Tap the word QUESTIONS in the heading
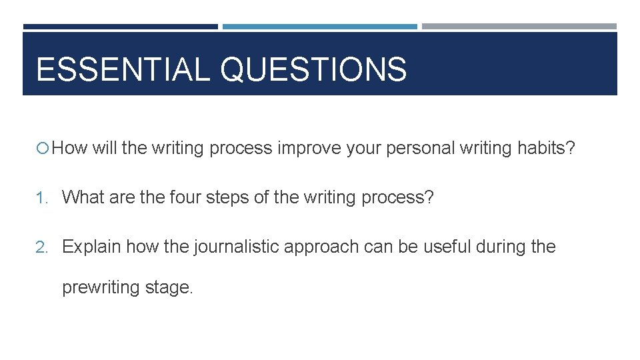313,69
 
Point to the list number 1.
41,198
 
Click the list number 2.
41,247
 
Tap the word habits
541,148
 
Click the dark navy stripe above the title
120,27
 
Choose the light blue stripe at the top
319,27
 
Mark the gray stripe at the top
519,27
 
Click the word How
70,148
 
